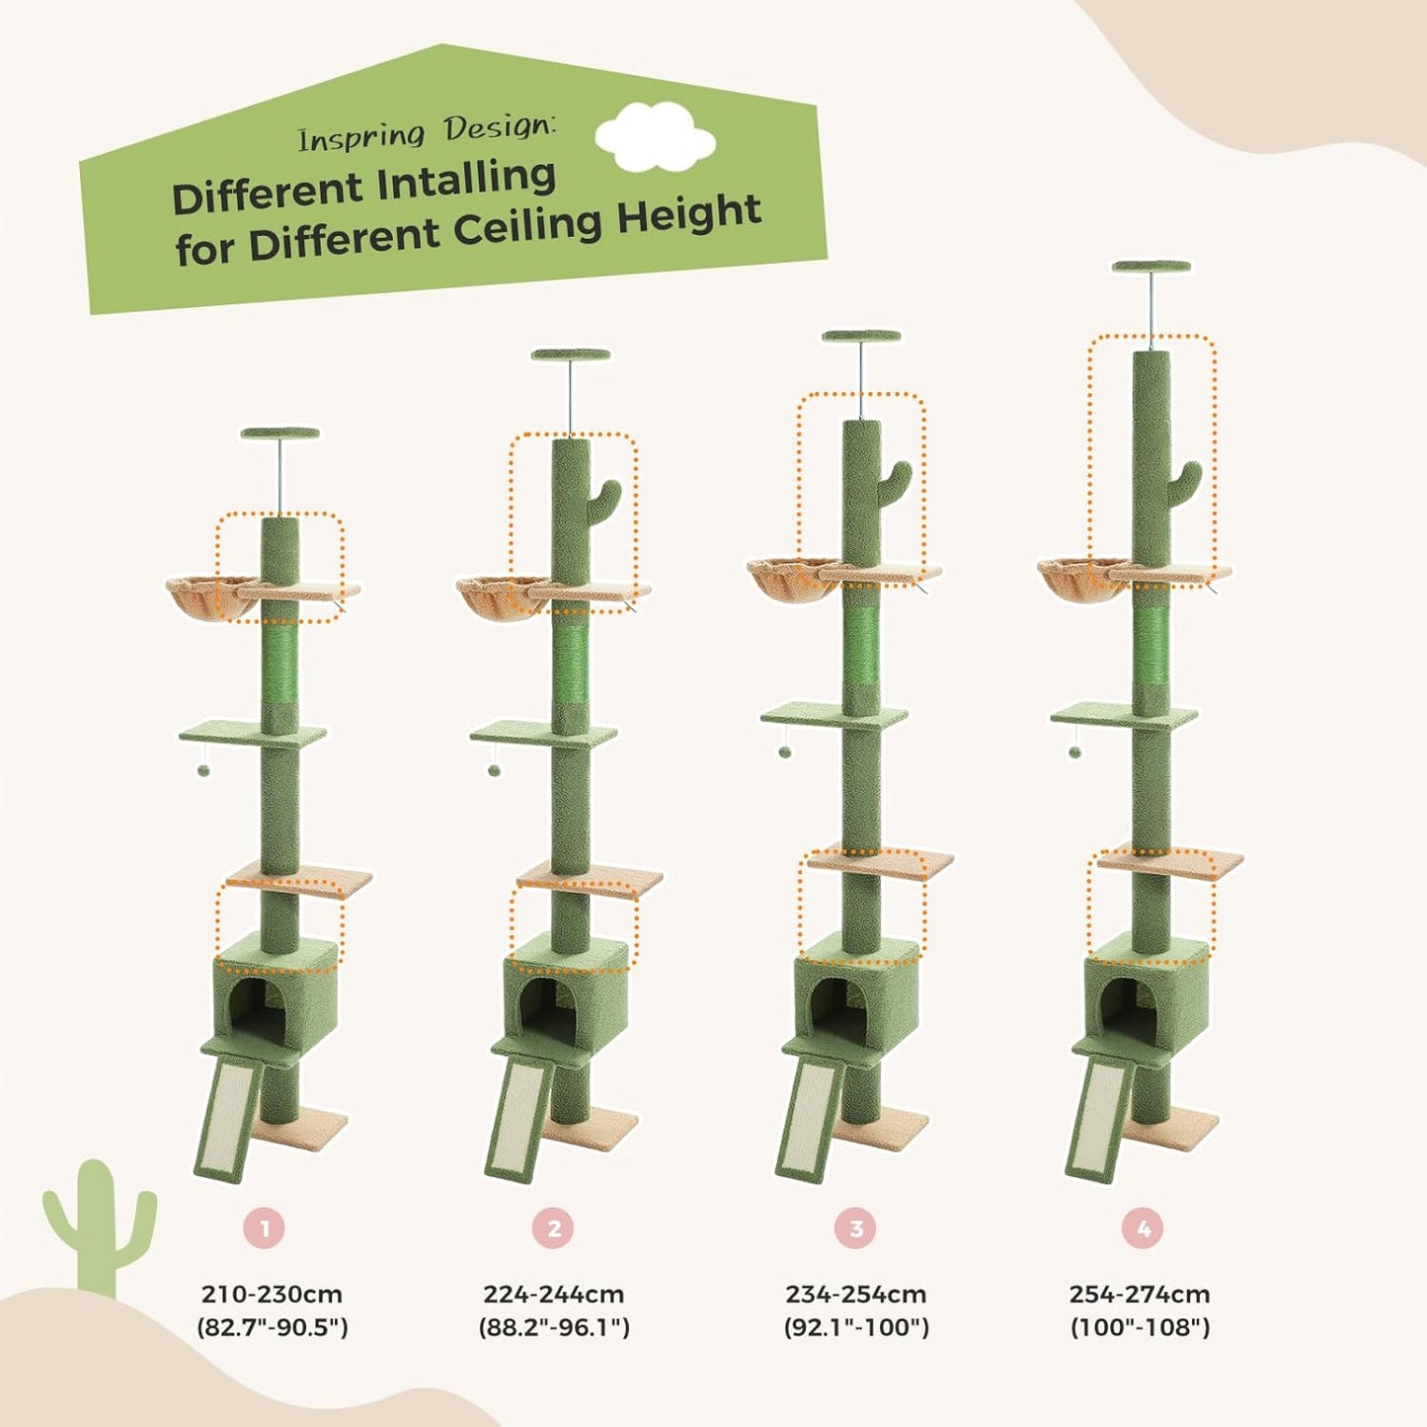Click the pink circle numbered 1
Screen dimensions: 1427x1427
265,1229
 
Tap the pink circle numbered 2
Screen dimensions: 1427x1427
553,1229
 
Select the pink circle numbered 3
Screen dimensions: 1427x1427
855,1229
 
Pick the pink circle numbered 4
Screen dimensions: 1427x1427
1143,1229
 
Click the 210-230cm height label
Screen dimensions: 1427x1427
272,1295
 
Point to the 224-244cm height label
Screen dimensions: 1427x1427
553,1295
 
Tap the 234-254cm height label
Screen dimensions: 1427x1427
855,1295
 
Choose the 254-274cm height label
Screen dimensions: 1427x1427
1140,1295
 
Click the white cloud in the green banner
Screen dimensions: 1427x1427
655,135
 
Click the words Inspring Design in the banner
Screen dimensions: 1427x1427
427,132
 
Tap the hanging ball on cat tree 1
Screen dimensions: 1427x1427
203,769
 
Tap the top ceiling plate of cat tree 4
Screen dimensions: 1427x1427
1150,267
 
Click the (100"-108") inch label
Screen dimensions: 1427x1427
1140,1327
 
